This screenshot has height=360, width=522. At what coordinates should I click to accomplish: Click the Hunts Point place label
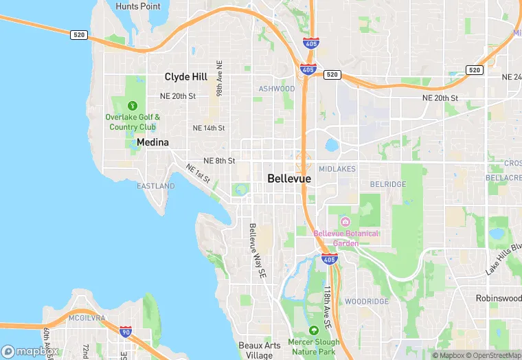(x=138, y=6)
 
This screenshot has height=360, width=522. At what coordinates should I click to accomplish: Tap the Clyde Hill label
(x=186, y=77)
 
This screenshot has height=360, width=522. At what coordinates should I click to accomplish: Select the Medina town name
(x=152, y=142)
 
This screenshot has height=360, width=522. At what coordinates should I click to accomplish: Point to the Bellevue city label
(x=288, y=179)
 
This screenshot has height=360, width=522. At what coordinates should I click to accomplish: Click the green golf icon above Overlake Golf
(x=133, y=106)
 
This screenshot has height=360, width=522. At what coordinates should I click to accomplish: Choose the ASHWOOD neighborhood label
(x=276, y=89)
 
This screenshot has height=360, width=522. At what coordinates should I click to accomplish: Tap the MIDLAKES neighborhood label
(x=337, y=168)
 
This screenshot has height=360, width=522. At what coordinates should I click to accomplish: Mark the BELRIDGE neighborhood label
(x=388, y=184)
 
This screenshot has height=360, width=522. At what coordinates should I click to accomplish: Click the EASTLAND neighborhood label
(x=155, y=186)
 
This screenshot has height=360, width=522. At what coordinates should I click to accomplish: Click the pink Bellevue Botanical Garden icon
(x=345, y=221)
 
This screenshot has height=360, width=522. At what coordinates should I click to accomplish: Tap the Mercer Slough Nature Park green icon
(x=313, y=330)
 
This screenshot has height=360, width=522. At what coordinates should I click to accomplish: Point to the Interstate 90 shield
(x=126, y=333)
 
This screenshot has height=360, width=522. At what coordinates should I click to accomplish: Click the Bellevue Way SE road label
(x=257, y=250)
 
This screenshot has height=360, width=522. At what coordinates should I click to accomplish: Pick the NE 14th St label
(x=209, y=128)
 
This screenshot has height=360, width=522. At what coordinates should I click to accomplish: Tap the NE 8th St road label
(x=219, y=160)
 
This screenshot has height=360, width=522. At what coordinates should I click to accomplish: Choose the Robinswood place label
(x=498, y=298)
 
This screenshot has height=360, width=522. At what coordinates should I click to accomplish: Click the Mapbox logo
(x=30, y=350)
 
